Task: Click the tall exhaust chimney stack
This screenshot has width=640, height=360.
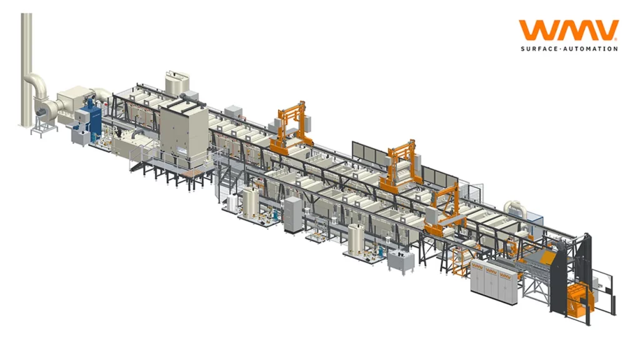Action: tap(26, 69)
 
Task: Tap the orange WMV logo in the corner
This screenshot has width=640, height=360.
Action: tap(569, 31)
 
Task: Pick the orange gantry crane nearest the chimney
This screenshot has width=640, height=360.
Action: tap(291, 127)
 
